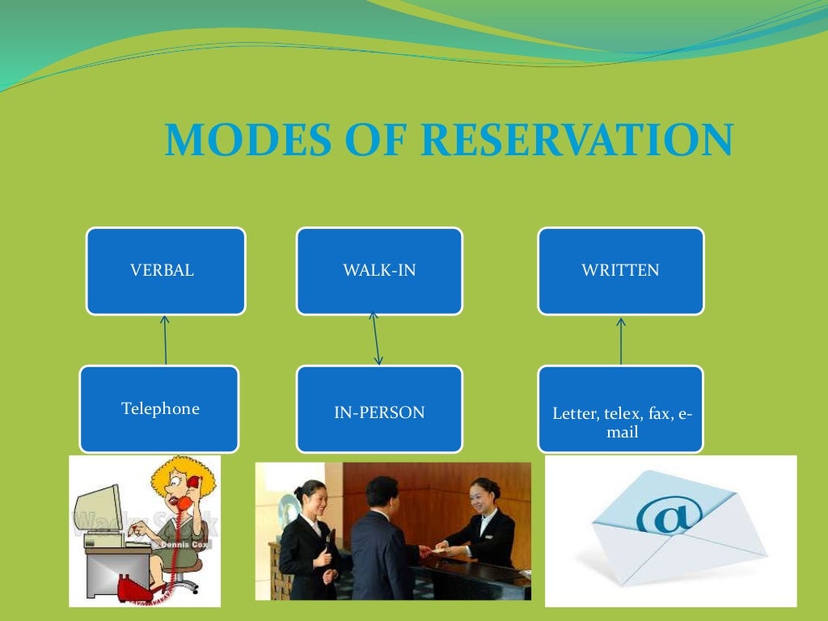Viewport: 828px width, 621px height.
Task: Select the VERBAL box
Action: [166, 271]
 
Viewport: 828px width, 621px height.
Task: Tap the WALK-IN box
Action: [379, 271]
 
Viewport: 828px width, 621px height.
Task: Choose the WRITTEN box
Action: [620, 271]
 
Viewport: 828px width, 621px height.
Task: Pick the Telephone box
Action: [159, 409]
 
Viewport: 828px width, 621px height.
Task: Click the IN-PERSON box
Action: [379, 412]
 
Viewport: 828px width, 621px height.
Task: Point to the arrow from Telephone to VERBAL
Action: [166, 340]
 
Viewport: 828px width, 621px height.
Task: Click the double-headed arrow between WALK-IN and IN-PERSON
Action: [376, 340]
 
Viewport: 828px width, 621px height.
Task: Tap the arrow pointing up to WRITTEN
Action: [621, 340]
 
